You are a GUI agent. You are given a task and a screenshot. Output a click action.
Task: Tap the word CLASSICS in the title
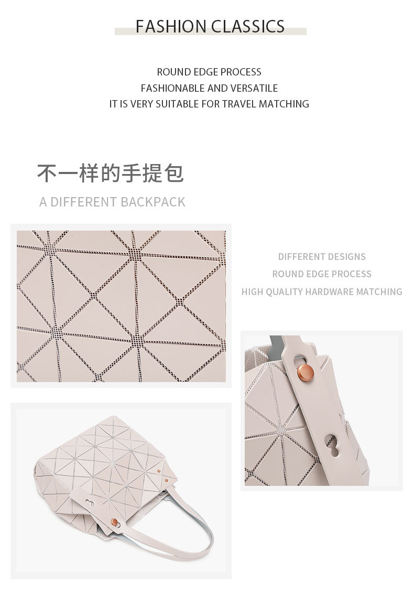pos(248,26)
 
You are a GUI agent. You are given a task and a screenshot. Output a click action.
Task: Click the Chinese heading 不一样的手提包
pos(111,173)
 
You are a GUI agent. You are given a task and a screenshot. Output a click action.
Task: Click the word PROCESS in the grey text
pos(352,274)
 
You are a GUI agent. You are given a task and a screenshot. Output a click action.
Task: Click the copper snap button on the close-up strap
pos(304,370)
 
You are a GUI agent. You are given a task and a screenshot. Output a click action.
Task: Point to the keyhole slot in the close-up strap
pos(332,445)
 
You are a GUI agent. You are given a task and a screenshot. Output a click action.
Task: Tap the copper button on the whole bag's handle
pos(114,522)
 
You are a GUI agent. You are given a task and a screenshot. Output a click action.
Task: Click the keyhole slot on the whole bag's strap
pos(90,503)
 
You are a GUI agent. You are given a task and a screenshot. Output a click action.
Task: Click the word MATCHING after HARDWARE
pos(379,291)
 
